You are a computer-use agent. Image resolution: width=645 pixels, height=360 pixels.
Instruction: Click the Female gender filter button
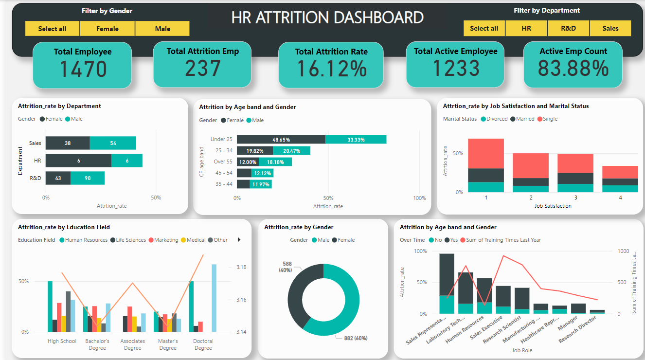pos(107,29)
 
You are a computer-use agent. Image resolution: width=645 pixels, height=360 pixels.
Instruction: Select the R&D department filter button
pos(568,28)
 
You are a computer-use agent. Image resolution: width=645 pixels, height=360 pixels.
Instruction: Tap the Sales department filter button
pos(610,28)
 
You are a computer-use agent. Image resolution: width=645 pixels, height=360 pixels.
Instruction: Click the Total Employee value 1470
pos(83,69)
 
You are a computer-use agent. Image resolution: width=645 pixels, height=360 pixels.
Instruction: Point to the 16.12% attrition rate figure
pos(331,69)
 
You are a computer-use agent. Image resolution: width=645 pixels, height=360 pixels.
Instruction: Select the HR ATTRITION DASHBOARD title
pos(327,18)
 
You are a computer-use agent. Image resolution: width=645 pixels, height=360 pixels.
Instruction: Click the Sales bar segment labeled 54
pos(113,143)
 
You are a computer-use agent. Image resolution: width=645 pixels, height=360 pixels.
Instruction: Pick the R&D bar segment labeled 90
pos(88,178)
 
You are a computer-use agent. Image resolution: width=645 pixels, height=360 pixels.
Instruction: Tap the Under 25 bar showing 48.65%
pos(281,140)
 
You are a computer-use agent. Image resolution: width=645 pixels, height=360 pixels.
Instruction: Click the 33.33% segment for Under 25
pos(356,140)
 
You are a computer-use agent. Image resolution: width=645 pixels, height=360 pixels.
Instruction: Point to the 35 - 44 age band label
pos(224,184)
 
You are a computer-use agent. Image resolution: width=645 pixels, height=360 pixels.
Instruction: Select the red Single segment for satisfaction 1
pos(485,153)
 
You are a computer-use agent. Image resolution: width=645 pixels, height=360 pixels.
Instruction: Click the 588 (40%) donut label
pos(285,267)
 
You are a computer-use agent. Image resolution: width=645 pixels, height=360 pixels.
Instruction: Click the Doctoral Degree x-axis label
pos(203,344)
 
